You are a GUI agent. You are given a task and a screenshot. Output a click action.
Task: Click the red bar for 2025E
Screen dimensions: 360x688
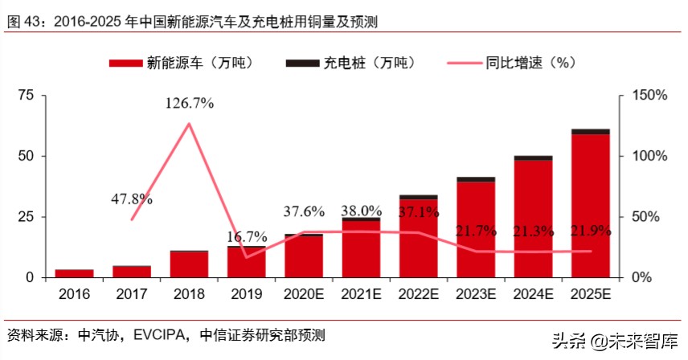point(591,206)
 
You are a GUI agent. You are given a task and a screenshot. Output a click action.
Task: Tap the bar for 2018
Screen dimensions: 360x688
point(189,264)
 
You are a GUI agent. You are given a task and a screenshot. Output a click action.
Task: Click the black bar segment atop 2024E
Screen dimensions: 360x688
point(533,157)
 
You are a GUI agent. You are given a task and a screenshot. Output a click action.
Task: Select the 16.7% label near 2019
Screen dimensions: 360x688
point(245,237)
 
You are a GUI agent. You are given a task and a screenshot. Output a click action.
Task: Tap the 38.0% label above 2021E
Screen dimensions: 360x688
point(361,211)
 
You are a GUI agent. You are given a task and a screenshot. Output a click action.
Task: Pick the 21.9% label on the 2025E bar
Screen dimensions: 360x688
point(591,231)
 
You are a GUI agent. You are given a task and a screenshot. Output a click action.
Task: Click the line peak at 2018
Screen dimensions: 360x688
point(189,124)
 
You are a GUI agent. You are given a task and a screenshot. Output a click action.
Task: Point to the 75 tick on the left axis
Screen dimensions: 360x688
point(26,96)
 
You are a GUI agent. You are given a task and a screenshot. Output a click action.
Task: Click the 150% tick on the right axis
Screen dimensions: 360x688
point(648,96)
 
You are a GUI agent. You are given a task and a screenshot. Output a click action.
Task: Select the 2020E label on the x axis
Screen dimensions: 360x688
point(304,294)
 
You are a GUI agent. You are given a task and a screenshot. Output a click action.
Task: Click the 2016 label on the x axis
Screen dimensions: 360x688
point(74,294)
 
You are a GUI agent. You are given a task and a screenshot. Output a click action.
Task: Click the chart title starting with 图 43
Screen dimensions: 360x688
point(193,22)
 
